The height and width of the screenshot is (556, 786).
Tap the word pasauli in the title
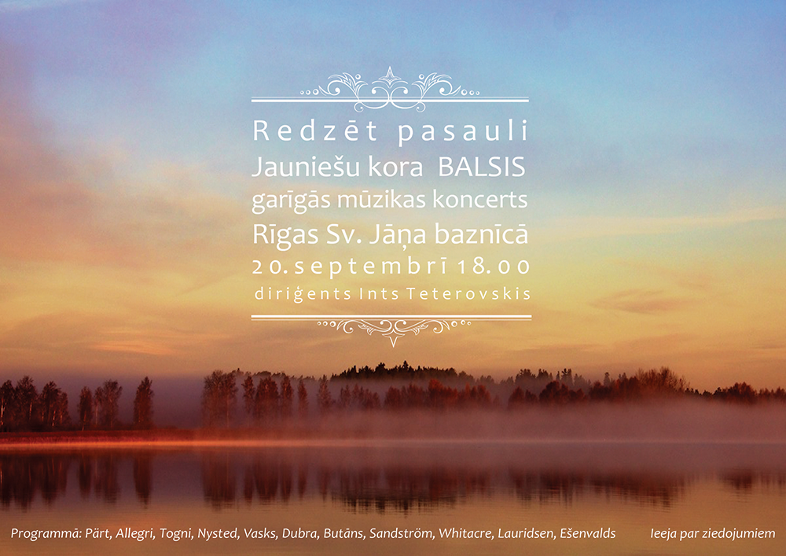pos(463,131)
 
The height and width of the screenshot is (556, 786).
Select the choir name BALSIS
pos(482,167)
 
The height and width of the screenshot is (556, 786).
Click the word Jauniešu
pos(307,167)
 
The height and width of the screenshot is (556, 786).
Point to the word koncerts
pos(479,199)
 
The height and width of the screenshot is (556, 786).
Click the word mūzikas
pos(381,199)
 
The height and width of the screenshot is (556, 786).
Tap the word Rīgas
pos(285,234)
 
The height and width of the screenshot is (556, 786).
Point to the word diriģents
pos(303,294)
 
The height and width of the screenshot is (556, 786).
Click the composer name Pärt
pos(97,533)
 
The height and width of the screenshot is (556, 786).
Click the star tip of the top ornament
pos(390,67)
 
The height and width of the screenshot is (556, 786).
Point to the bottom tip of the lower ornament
pos(394,347)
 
